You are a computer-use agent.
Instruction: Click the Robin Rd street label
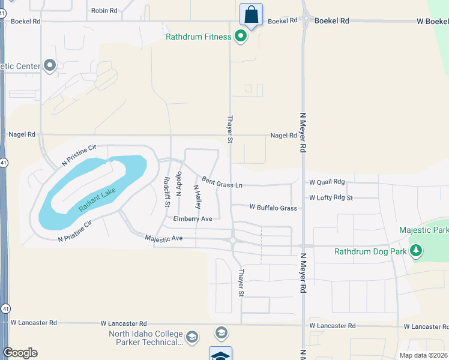(104, 10)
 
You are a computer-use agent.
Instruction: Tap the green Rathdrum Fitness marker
(241, 37)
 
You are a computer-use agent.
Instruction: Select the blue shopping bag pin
(251, 14)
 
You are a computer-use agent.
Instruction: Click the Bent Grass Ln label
(222, 182)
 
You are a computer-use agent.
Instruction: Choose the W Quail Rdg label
(327, 182)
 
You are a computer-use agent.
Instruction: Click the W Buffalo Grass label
(273, 208)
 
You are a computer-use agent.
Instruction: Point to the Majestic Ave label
(164, 238)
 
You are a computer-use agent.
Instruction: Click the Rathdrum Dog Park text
(371, 251)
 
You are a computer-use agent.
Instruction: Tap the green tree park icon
(415, 250)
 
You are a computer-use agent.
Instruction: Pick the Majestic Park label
(424, 230)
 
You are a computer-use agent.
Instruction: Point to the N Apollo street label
(178, 184)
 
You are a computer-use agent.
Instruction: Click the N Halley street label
(196, 196)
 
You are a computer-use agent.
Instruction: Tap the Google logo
(20, 353)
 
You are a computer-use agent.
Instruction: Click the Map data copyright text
(424, 355)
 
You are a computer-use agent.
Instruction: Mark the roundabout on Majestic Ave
(232, 241)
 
